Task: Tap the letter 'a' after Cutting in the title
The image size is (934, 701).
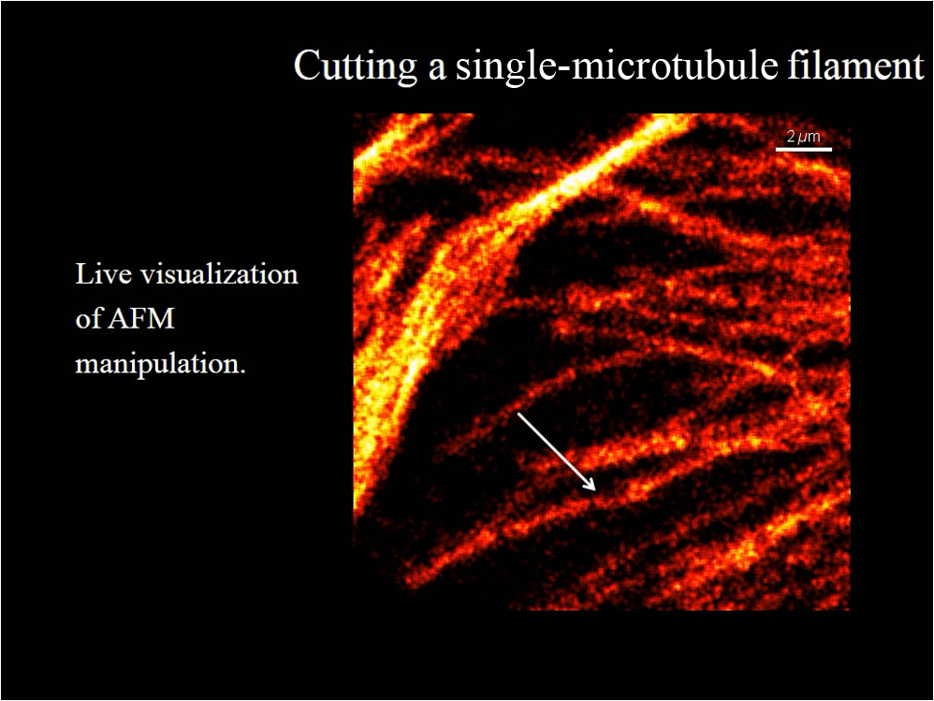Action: click(437, 69)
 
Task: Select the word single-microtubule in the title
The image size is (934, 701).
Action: click(617, 66)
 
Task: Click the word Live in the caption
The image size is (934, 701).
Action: click(97, 274)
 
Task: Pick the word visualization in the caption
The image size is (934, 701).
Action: click(214, 274)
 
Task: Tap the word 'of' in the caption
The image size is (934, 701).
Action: click(88, 318)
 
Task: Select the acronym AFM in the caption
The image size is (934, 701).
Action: click(140, 319)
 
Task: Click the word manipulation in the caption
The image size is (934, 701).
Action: click(157, 364)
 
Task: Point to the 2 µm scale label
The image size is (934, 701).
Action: click(804, 137)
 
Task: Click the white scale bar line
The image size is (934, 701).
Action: click(804, 149)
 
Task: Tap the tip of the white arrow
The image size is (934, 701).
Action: click(595, 490)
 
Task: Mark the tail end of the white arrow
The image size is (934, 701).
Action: click(518, 413)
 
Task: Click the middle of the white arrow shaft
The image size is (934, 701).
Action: click(556, 451)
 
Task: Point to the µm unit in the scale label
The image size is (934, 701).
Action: click(809, 139)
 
